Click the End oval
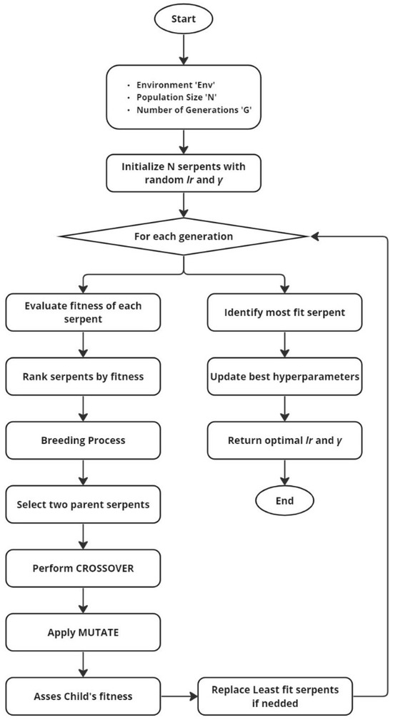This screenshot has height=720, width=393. click(x=284, y=502)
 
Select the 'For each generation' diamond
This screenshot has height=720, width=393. click(x=185, y=235)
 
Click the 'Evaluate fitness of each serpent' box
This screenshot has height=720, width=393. click(x=84, y=313)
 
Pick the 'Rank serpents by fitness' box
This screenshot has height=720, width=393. click(x=84, y=377)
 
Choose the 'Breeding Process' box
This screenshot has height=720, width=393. click(x=84, y=440)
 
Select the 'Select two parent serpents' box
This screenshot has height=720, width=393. click(x=84, y=503)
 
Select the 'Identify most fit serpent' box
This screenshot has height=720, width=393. click(x=284, y=313)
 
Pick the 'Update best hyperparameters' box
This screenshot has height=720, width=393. click(x=284, y=377)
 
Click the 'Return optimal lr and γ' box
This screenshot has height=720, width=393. click(x=284, y=440)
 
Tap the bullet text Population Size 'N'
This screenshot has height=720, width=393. click(x=183, y=98)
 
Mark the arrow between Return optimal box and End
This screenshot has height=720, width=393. click(x=284, y=472)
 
